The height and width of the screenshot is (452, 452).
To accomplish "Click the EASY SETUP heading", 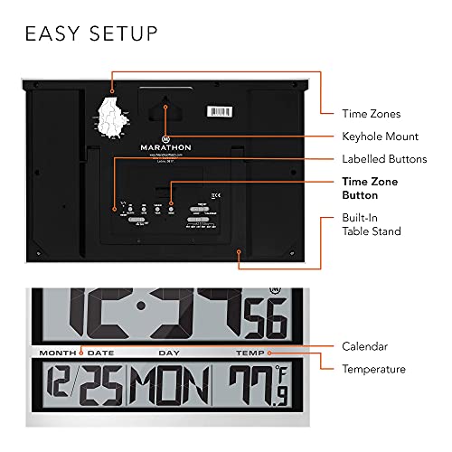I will click(x=92, y=34).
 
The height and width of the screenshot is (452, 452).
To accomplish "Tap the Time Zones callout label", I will click(x=371, y=114).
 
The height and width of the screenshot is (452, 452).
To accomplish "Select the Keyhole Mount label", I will click(x=381, y=137).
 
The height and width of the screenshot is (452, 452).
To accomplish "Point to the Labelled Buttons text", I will click(x=384, y=159).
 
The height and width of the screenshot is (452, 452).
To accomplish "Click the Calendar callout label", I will click(x=366, y=345).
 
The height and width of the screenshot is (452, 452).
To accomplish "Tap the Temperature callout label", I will click(x=373, y=369).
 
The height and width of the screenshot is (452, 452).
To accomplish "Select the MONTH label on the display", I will click(x=57, y=351).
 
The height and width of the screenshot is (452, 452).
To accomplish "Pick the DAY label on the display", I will click(x=169, y=351).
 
